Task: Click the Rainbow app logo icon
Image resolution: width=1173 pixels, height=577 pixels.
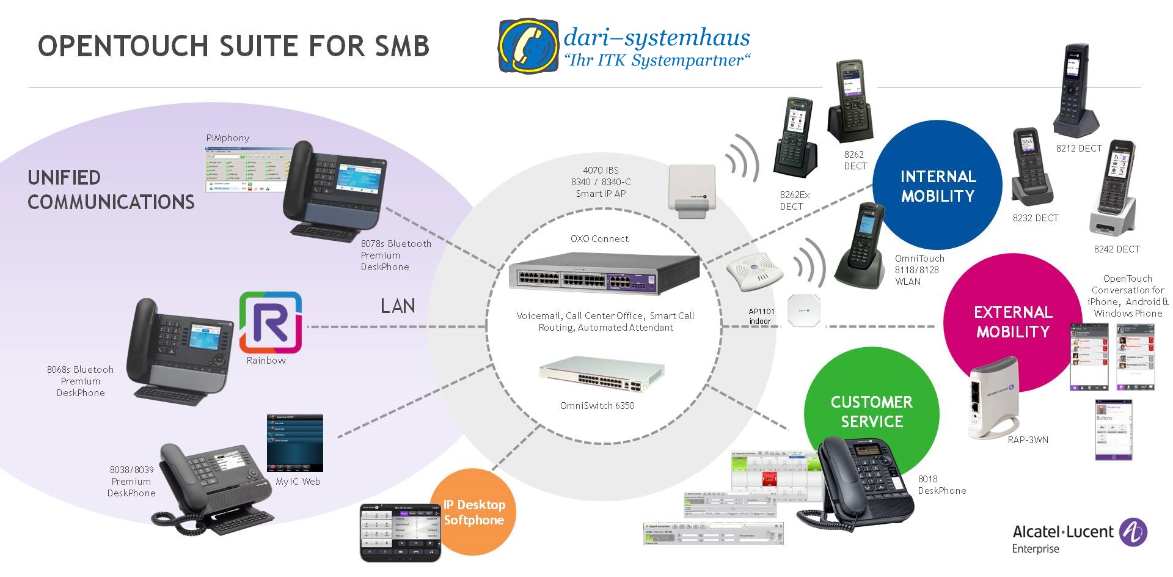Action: point(270,323)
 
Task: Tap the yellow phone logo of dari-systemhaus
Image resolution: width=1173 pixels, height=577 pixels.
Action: point(528,46)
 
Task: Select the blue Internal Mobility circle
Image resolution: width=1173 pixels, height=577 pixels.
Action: point(937,185)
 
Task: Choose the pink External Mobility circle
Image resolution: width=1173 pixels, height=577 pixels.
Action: point(1012,322)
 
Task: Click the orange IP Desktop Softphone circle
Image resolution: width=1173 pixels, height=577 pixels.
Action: point(473,512)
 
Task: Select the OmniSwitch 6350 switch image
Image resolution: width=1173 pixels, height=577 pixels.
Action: point(601,375)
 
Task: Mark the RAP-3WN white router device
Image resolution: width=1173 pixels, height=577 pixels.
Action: point(992,400)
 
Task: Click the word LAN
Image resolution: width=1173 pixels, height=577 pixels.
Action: point(398,306)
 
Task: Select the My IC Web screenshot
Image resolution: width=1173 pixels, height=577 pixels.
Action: point(294,443)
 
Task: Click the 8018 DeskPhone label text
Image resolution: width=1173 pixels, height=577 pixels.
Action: point(941,485)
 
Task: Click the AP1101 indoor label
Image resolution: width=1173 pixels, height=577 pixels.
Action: point(761,316)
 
